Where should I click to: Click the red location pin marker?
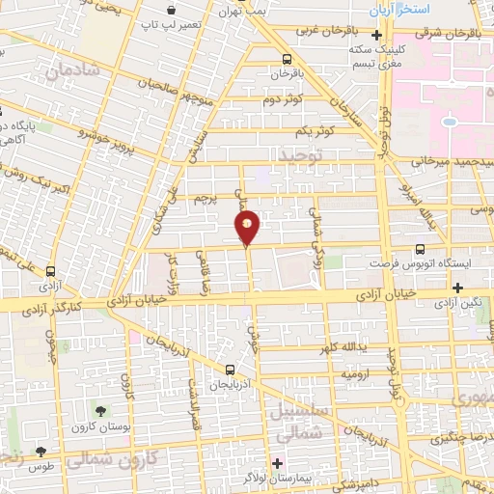[248, 229]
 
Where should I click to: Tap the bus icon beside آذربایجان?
[230, 370]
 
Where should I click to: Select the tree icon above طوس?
[41, 451]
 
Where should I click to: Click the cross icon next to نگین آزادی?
[457, 288]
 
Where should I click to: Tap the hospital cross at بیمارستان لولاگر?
[278, 463]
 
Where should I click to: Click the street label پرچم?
[207, 199]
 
